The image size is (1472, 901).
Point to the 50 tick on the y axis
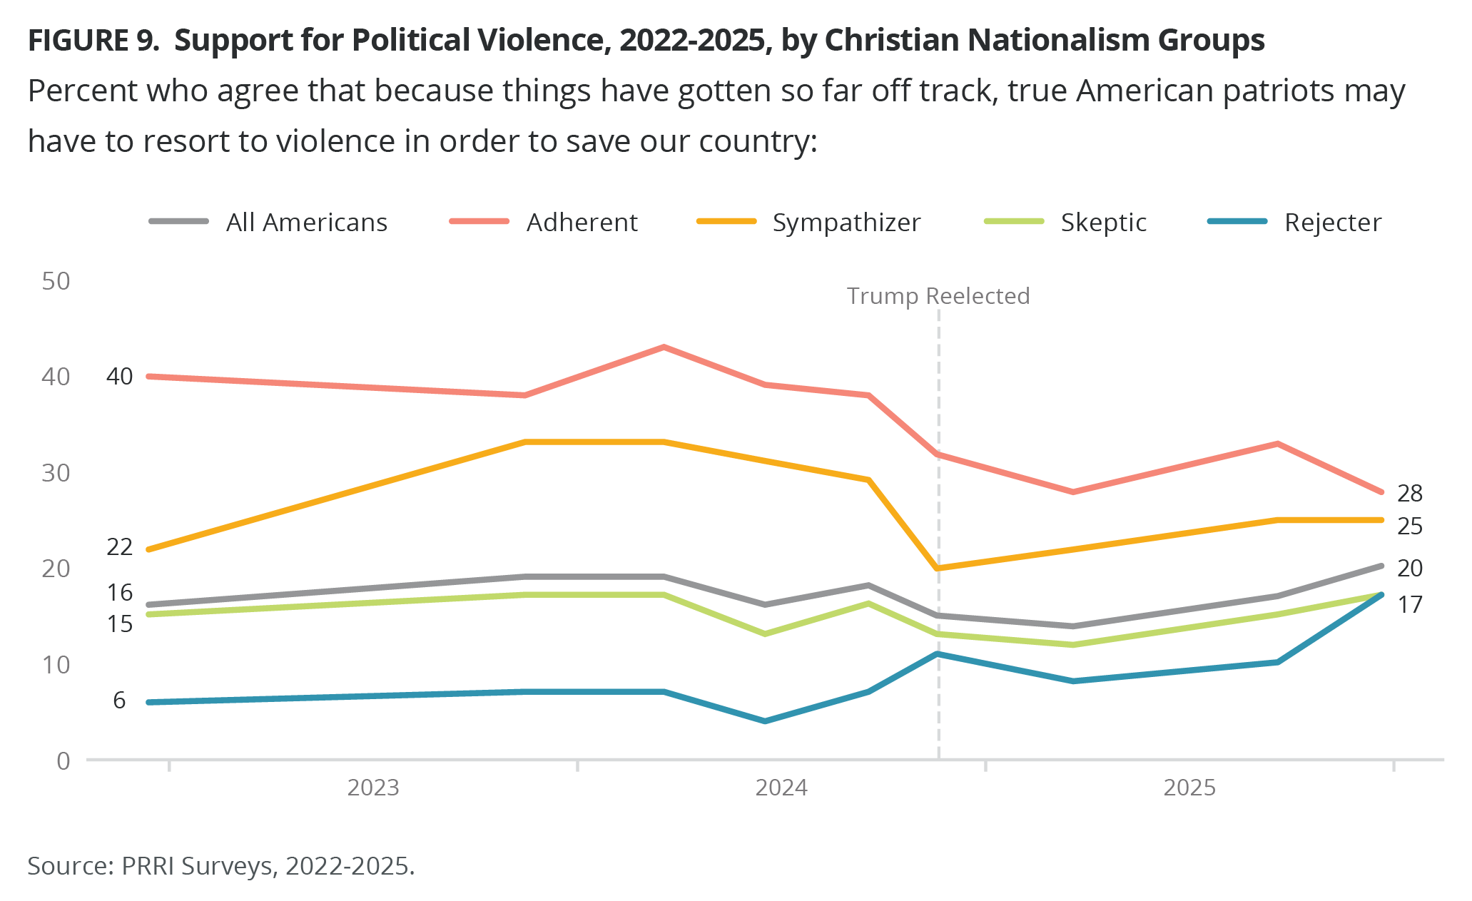56,281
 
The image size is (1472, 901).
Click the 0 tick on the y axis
64,761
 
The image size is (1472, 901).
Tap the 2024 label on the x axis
781,788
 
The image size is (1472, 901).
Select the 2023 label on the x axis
373,788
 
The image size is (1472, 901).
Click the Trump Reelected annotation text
938,296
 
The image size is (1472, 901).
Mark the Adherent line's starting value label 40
119,377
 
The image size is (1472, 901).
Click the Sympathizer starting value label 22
119,547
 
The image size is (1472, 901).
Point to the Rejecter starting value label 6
119,701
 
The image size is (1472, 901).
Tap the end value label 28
1410,493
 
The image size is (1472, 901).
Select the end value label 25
1410,526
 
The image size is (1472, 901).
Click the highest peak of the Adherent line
664,347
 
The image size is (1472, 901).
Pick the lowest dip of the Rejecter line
765,721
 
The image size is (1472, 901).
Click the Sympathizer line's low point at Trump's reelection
938,569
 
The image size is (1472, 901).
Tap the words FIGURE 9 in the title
93,41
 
